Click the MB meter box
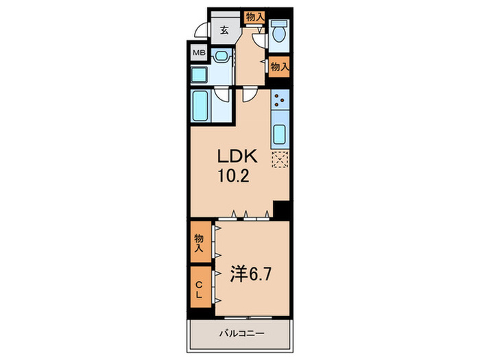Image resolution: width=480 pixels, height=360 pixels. pyautogui.click(x=198, y=53)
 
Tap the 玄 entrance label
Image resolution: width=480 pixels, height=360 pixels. pyautogui.click(x=224, y=30)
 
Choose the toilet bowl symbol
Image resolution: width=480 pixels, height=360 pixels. pyautogui.click(x=279, y=33)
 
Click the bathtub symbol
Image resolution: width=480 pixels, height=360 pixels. pyautogui.click(x=200, y=106)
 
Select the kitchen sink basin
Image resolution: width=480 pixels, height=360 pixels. pyautogui.click(x=280, y=134)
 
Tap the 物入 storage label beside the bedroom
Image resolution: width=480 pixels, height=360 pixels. pyautogui.click(x=199, y=243)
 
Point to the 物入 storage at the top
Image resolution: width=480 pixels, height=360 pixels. pyautogui.click(x=254, y=16)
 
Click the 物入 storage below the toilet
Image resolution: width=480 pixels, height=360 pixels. pyautogui.click(x=278, y=67)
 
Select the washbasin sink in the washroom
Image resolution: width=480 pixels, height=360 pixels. pyautogui.click(x=222, y=58)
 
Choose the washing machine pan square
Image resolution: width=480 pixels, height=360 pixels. pyautogui.click(x=200, y=74)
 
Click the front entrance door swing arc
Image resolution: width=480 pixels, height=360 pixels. pyautogui.click(x=200, y=32)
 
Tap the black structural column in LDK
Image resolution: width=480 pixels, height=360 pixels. pyautogui.click(x=281, y=209)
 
